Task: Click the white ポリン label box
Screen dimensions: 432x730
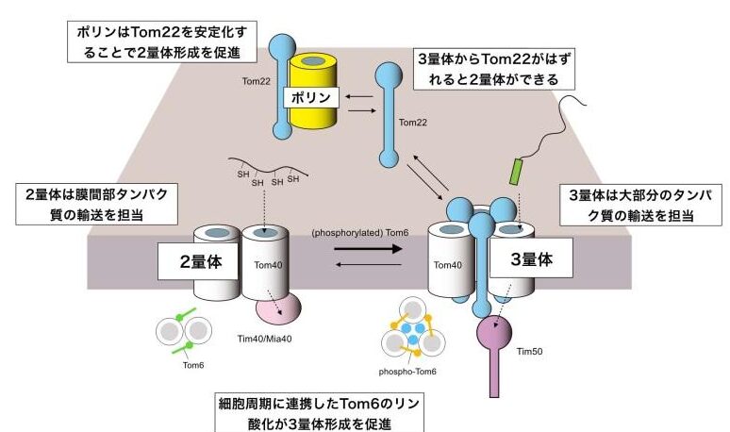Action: click(310, 96)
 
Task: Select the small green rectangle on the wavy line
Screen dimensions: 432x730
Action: click(515, 172)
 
